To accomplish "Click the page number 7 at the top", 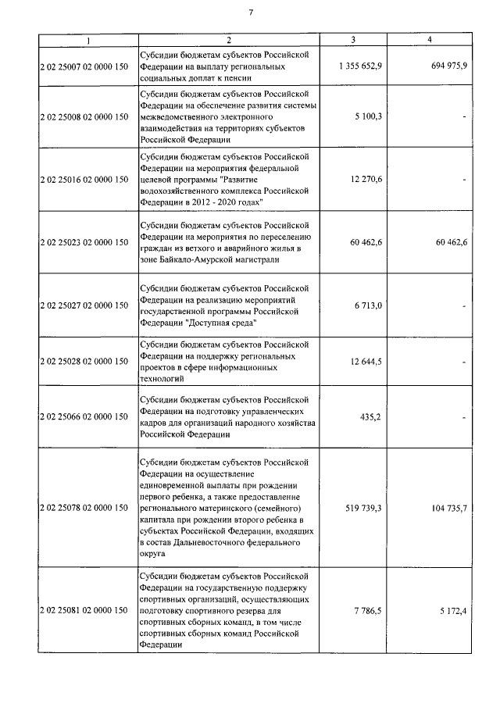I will point(250,12).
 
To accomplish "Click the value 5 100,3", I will point(366,116).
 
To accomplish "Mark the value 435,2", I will point(369,417).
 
